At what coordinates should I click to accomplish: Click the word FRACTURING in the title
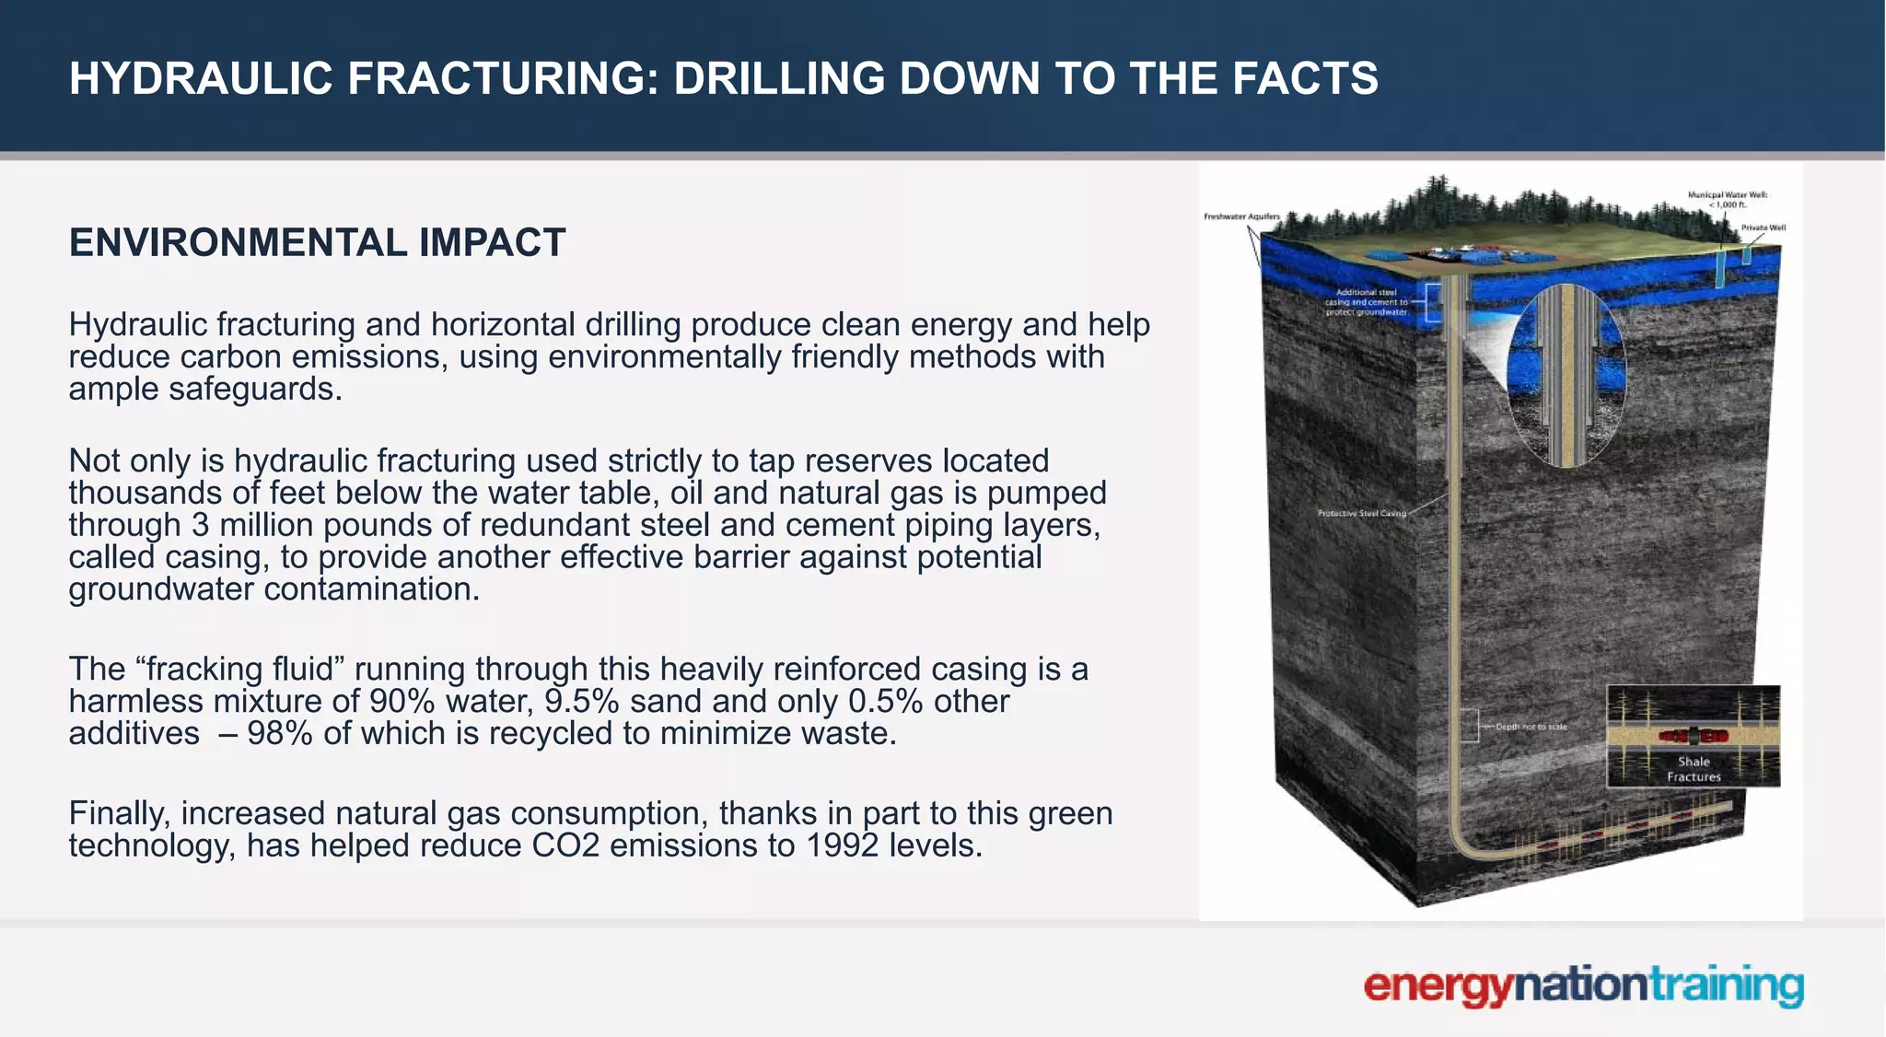tap(503, 78)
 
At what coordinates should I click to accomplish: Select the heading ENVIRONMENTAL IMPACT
tap(317, 243)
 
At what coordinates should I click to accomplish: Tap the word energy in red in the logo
tap(1438, 986)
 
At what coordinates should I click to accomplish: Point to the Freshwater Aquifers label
tap(1241, 216)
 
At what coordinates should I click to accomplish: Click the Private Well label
tap(1763, 227)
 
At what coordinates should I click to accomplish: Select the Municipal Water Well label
tap(1727, 199)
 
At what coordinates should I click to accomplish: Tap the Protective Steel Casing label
tap(1362, 513)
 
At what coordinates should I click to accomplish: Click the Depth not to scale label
tap(1531, 727)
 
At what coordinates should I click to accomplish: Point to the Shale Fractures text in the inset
tap(1694, 769)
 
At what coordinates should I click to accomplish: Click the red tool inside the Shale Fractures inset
tap(1694, 736)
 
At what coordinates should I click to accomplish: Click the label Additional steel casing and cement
tap(1367, 302)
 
